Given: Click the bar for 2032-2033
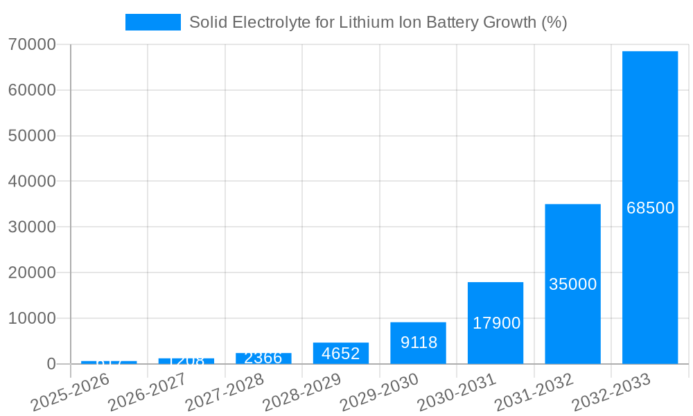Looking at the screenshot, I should (x=649, y=208).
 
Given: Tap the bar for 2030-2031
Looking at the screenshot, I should (x=495, y=323).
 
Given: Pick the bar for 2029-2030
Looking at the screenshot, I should (x=418, y=343).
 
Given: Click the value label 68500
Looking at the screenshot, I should (x=650, y=208).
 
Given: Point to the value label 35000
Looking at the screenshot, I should (x=572, y=284).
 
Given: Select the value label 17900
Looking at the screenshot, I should (x=496, y=323).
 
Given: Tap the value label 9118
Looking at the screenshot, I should (x=419, y=343).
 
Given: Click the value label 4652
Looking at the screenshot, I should (x=341, y=354).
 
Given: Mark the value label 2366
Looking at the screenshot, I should (x=263, y=358).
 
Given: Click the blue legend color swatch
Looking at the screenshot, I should (x=152, y=22).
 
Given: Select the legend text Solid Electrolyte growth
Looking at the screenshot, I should (x=378, y=22).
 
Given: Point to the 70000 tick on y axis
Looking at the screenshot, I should (x=32, y=44).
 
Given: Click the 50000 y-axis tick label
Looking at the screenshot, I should (x=32, y=136).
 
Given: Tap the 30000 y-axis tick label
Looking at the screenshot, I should (x=32, y=227).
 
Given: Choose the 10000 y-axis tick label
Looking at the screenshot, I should (x=32, y=318).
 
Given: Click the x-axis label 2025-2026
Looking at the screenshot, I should (x=71, y=391).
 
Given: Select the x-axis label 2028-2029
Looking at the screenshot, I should (x=302, y=391).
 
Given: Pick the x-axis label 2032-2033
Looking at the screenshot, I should (x=611, y=391).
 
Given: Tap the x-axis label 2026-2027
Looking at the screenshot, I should (x=148, y=391).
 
